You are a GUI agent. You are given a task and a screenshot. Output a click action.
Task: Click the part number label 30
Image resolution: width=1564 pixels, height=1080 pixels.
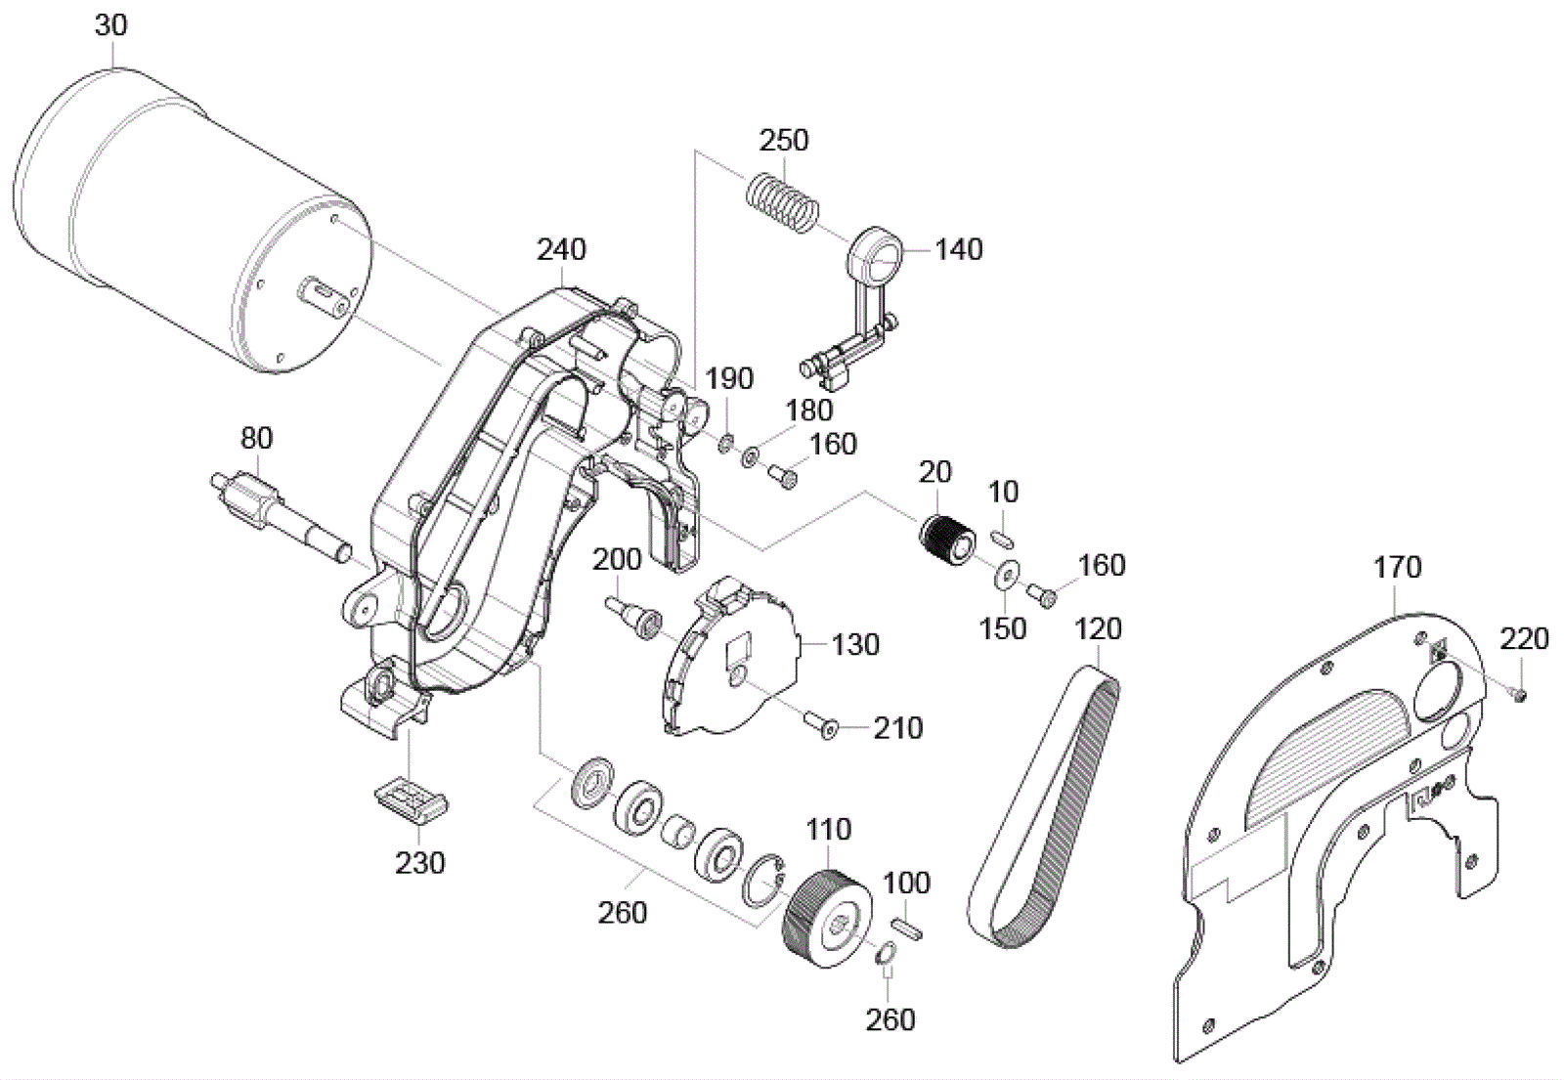tap(110, 24)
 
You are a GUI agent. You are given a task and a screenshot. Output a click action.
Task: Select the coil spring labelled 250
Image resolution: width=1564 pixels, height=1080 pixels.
tap(783, 202)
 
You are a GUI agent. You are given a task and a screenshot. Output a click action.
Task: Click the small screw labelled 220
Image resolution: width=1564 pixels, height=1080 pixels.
tap(1519, 694)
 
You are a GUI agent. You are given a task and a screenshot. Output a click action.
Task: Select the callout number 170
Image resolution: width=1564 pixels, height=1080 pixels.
tap(1397, 567)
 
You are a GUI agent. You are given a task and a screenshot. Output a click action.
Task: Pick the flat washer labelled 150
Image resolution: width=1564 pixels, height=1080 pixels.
tap(1004, 576)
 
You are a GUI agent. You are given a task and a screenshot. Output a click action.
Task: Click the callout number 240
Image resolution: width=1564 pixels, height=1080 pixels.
tap(561, 249)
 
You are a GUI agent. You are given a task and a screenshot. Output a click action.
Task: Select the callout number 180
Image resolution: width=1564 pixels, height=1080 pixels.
tap(808, 410)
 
